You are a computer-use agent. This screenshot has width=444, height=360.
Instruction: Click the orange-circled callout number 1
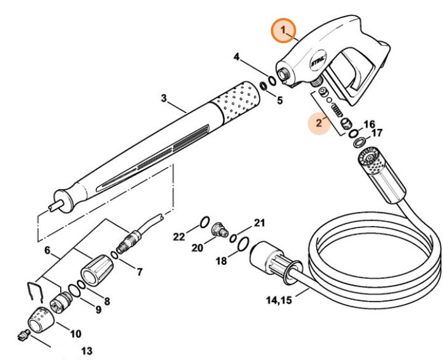pyautogui.click(x=283, y=30)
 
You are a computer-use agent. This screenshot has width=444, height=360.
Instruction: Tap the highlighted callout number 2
pyautogui.click(x=319, y=123)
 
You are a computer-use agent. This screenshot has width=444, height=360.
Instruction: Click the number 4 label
pyautogui.click(x=236, y=58)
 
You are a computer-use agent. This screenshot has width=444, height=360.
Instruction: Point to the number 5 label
pyautogui.click(x=279, y=100)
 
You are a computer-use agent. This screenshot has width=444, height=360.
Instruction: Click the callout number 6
pyautogui.click(x=47, y=250)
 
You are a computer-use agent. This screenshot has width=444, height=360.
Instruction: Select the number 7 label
pyautogui.click(x=139, y=271)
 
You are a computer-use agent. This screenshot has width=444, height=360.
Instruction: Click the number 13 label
pyautogui.click(x=87, y=351)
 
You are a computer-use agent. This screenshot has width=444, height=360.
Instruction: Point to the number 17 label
pyautogui.click(x=376, y=133)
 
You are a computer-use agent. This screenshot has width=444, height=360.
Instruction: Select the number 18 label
pyautogui.click(x=221, y=261)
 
